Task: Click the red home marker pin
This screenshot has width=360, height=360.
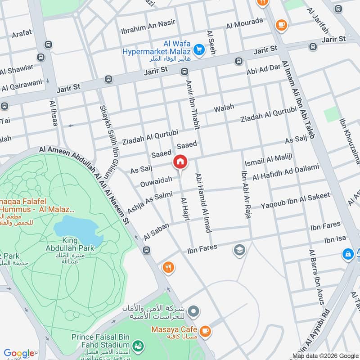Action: click(180, 162)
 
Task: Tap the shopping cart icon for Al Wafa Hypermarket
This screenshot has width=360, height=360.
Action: click(198, 49)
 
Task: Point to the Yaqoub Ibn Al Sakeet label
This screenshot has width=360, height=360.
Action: click(296, 201)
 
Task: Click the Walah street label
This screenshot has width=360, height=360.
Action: click(224, 108)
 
